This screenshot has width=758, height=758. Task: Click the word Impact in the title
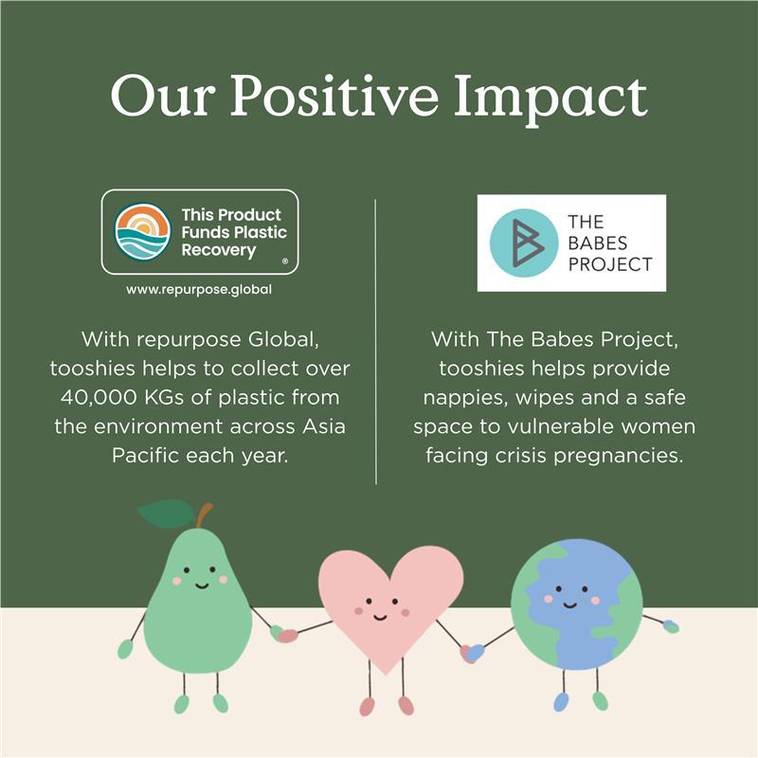550,100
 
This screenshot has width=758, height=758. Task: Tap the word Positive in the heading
334,96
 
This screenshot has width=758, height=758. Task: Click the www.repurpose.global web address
199,290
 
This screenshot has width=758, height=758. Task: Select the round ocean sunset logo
143,232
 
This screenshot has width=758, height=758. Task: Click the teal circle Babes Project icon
524,243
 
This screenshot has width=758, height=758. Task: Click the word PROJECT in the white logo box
610,264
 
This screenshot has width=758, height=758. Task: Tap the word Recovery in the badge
219,250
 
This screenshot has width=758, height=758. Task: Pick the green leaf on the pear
168,514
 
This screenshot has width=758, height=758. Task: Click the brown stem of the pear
204,515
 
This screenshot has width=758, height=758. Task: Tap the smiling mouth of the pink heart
380,617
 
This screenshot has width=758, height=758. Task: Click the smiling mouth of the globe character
570,605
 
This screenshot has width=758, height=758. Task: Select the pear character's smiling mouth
202,586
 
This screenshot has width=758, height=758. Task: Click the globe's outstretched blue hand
671,626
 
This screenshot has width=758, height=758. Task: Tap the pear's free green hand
125,649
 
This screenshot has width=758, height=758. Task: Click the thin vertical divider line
375,341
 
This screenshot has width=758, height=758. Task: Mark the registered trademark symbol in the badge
285,262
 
